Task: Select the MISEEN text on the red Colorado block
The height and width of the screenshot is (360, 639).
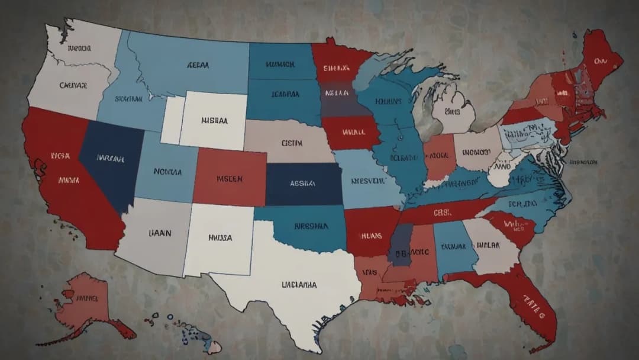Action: click(229, 178)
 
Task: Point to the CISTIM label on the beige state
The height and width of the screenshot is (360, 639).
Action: click(291, 143)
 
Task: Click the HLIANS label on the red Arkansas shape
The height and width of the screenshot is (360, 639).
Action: click(372, 234)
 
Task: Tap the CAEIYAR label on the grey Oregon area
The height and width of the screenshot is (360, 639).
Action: click(73, 85)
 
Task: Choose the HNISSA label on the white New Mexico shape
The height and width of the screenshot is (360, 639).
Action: click(220, 237)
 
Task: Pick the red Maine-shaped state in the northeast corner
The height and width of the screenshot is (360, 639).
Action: click(599, 59)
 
